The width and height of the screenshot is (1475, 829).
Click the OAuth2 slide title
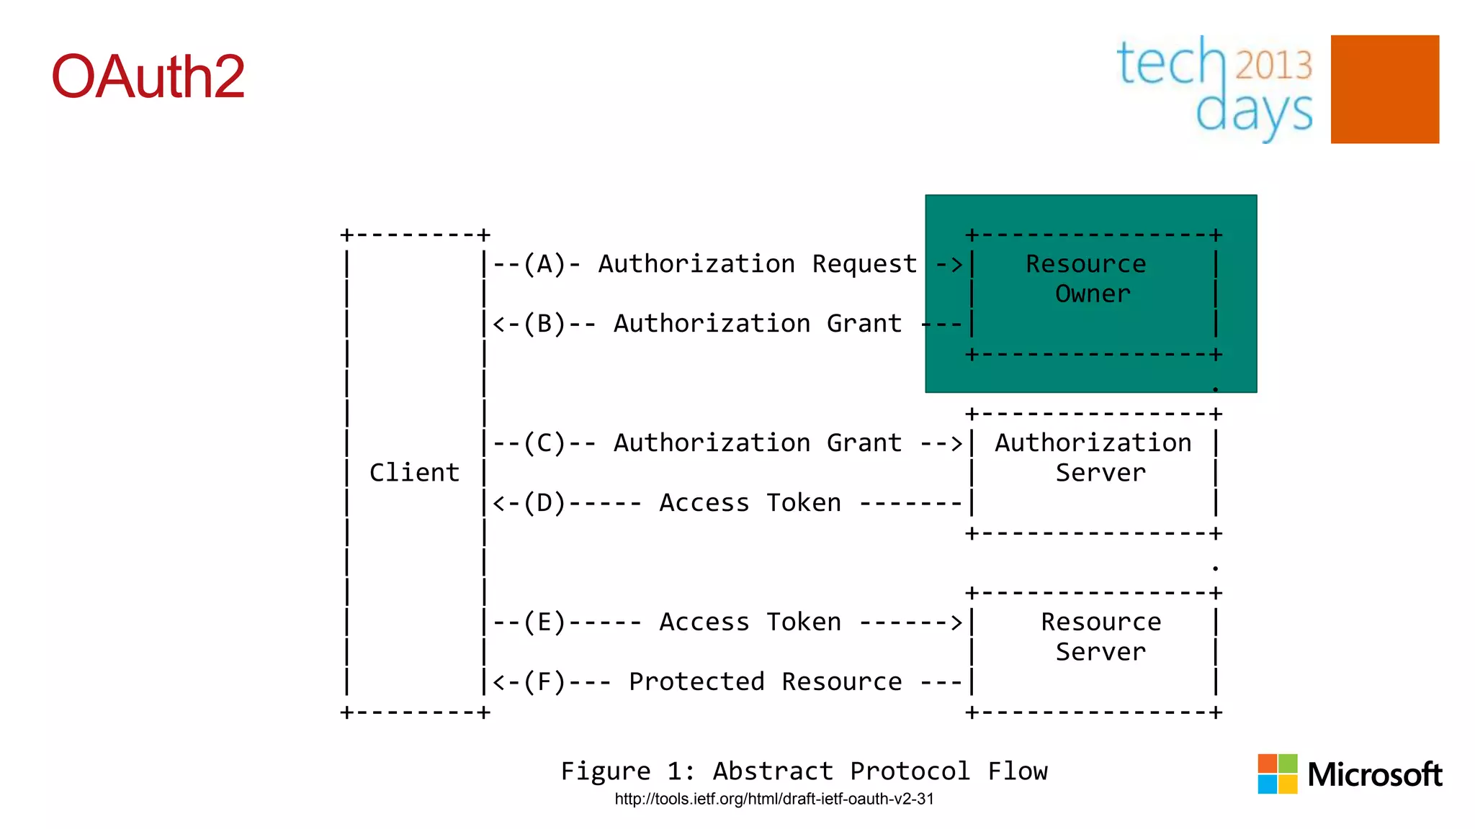click(148, 76)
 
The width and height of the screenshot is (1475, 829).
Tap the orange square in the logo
click(1384, 89)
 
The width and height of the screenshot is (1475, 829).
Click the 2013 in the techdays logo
click(1273, 65)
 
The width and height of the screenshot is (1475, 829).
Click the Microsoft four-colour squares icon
click(1277, 774)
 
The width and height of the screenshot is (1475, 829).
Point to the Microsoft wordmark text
click(1374, 775)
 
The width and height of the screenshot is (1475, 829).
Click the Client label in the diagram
click(414, 473)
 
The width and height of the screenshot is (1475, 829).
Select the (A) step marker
click(544, 264)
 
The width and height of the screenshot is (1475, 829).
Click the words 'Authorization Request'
click(758, 264)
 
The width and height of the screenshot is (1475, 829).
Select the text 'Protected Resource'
click(765, 681)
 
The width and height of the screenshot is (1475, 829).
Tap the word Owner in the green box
click(1093, 294)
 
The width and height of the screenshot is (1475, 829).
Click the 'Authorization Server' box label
click(1093, 458)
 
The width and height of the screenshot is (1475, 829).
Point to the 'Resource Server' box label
click(1100, 636)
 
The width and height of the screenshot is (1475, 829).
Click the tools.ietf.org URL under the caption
click(774, 799)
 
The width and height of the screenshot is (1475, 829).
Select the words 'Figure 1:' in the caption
click(627, 771)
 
